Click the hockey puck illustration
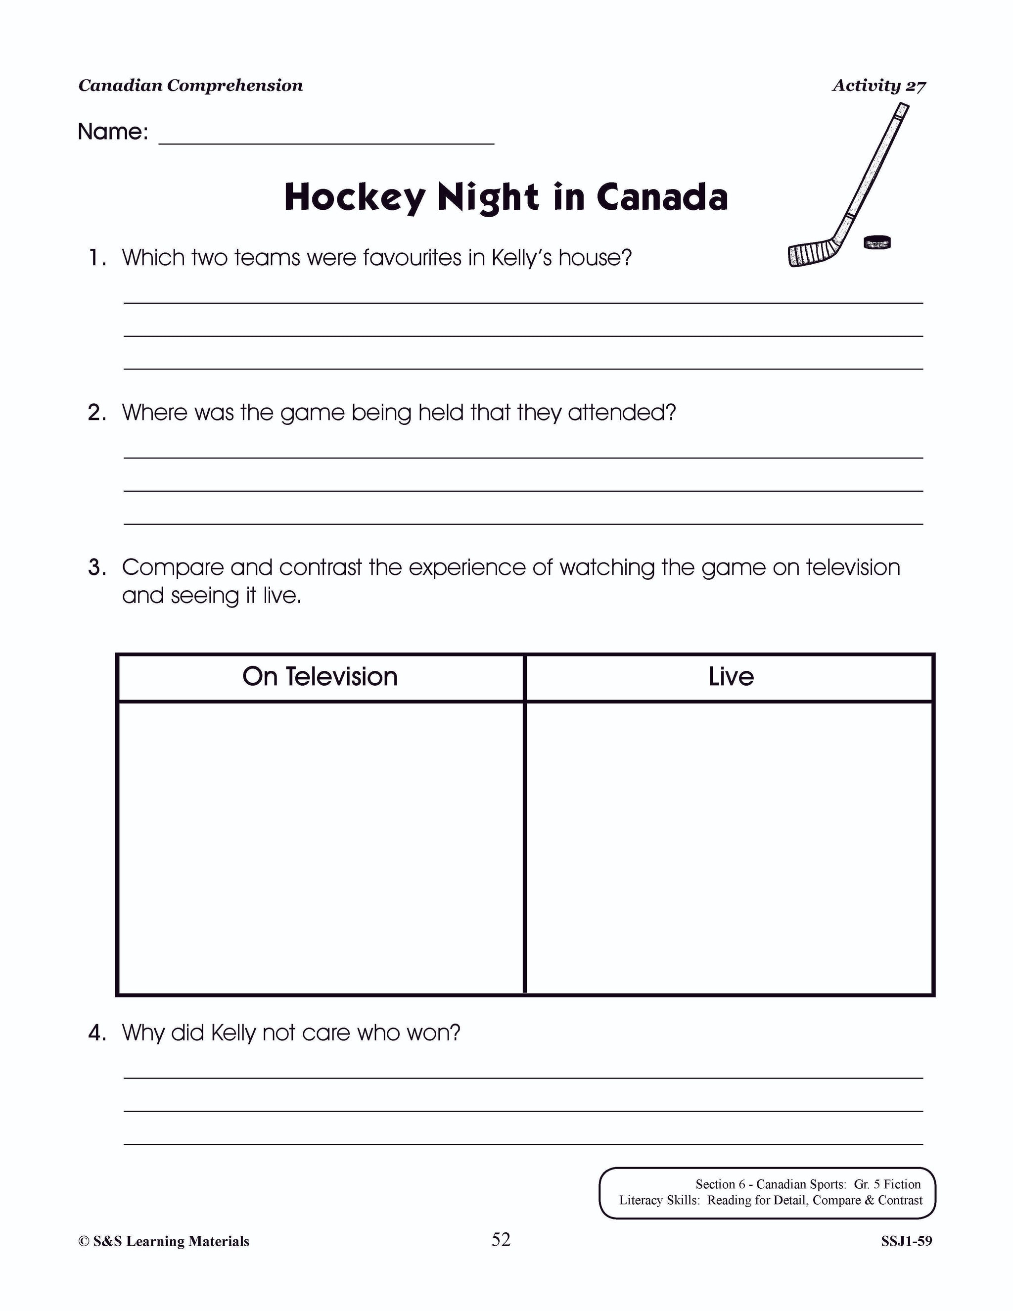click(x=877, y=242)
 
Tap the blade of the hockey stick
click(x=810, y=254)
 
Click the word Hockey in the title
click(x=354, y=197)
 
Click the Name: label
click(x=113, y=132)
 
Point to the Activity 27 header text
click(x=878, y=86)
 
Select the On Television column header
click(x=320, y=676)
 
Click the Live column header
click(x=731, y=676)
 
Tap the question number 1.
click(x=97, y=258)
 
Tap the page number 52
click(x=501, y=1239)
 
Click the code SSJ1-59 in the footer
click(x=906, y=1241)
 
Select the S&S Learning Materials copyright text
click(x=163, y=1241)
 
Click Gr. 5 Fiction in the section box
click(x=887, y=1184)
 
